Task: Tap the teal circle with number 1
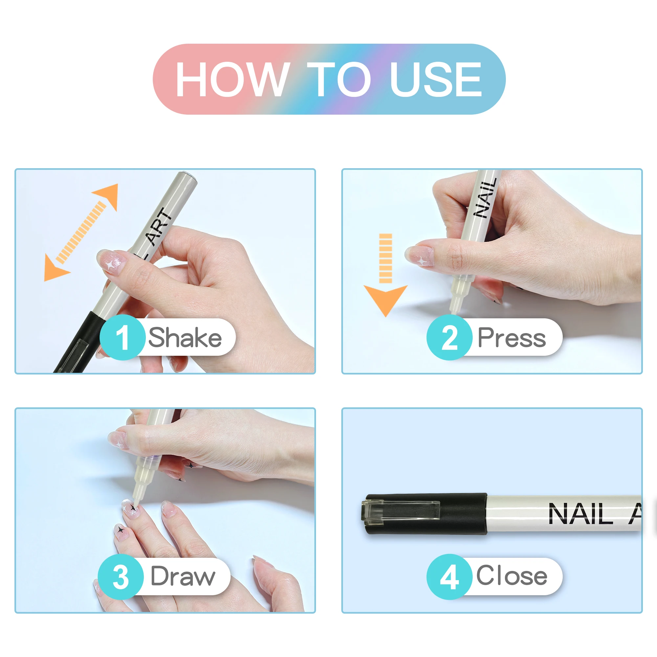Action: click(123, 337)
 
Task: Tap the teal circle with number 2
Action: click(449, 337)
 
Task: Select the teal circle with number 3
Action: click(120, 577)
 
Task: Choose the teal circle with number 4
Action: click(449, 577)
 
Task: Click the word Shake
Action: click(185, 337)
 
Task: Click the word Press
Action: click(511, 337)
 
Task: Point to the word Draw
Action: click(183, 577)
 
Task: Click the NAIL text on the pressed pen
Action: click(486, 198)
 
